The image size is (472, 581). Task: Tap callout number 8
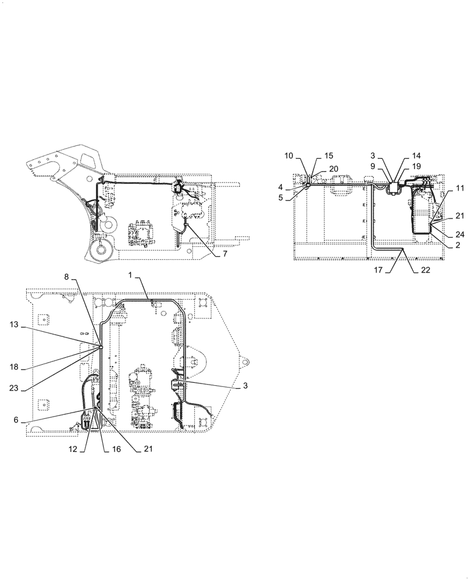tap(67, 278)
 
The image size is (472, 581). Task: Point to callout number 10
tap(289, 156)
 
